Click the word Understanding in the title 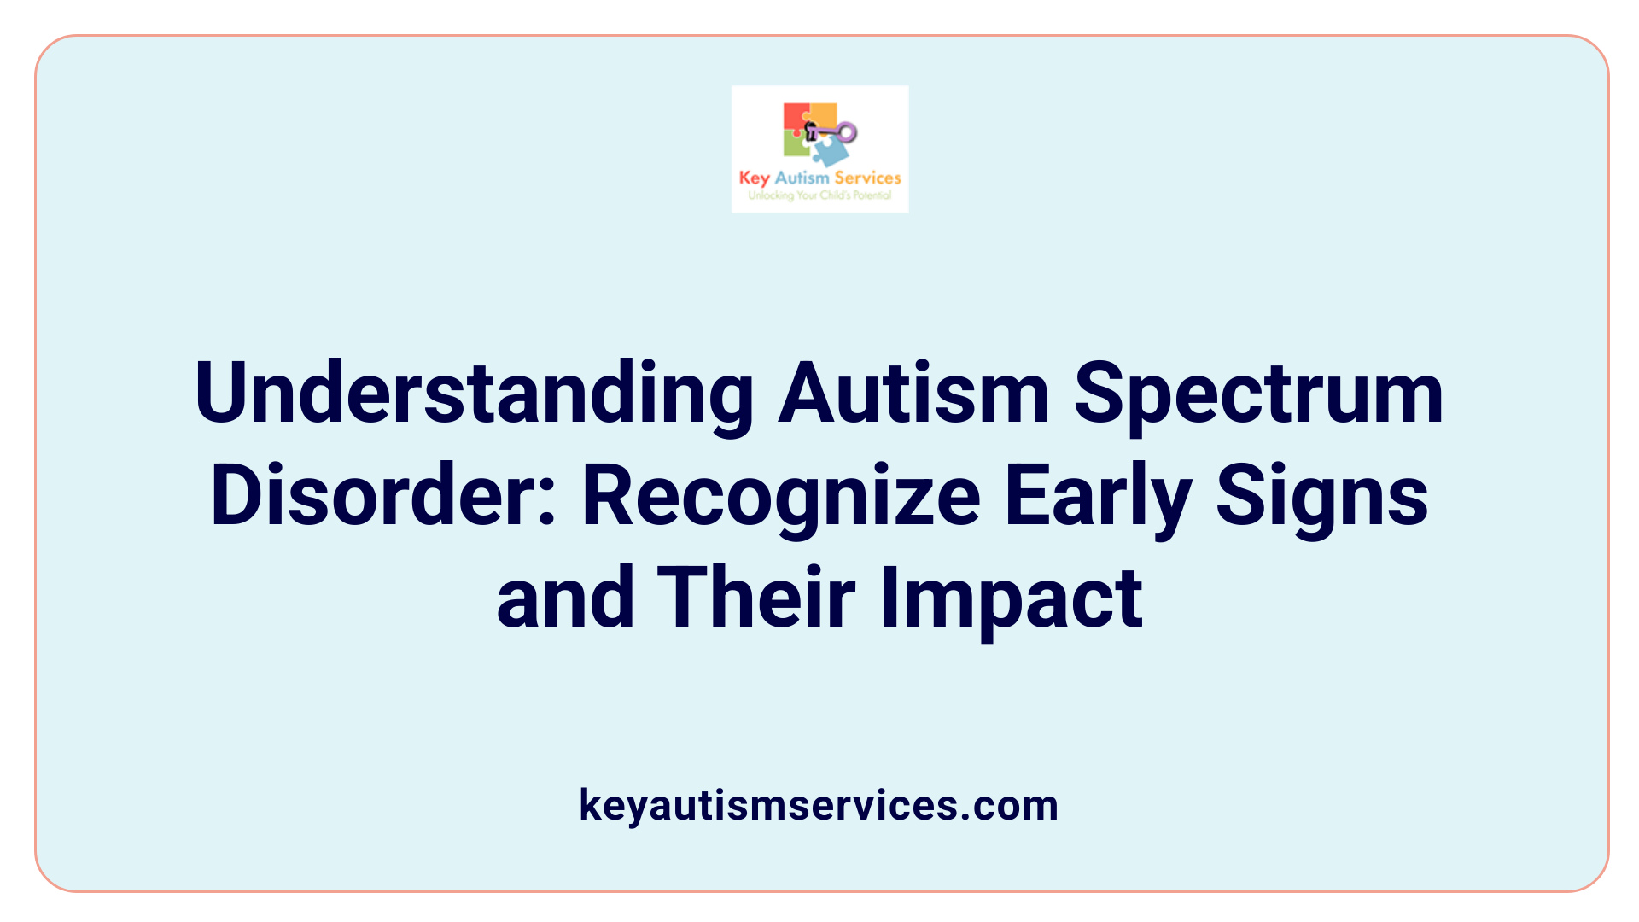[474, 394]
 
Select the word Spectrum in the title [1258, 394]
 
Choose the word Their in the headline [756, 598]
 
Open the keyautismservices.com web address [819, 805]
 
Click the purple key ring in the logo [846, 131]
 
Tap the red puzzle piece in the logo [796, 118]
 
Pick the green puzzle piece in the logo [796, 145]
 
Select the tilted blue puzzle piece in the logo [830, 152]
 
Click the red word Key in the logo [754, 178]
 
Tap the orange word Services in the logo [867, 178]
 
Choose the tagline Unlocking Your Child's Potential [819, 195]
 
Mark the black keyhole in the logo [811, 131]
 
